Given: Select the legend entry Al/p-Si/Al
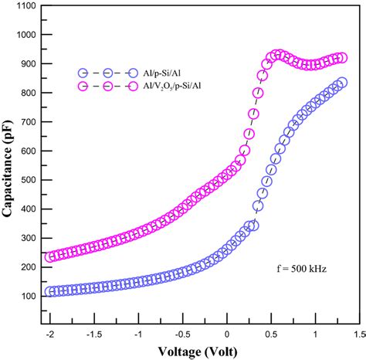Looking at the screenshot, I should point(162,70).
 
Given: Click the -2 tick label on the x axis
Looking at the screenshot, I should point(49,333).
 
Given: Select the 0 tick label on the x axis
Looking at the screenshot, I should point(227,333).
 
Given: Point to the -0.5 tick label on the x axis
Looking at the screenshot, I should point(181,333).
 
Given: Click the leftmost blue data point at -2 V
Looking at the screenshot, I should point(52,292).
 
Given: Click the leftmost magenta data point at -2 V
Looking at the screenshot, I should point(52,256).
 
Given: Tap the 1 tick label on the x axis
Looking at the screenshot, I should point(316,333).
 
